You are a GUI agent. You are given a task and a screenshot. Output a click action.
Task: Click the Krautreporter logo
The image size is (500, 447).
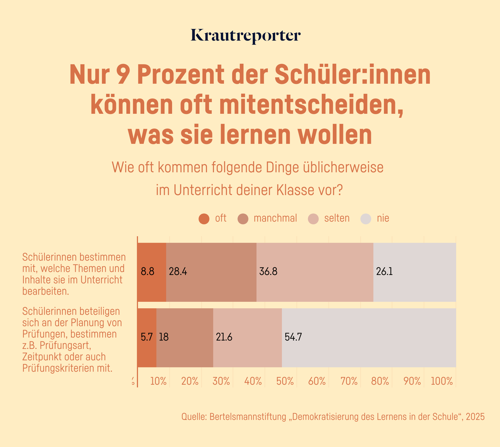[x=246, y=36]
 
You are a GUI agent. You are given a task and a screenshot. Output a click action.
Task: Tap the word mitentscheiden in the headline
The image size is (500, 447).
[x=311, y=105]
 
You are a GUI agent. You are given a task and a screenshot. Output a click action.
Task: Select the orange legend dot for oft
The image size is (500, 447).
[x=204, y=219]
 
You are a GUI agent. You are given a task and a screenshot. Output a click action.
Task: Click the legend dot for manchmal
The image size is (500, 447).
[x=243, y=219]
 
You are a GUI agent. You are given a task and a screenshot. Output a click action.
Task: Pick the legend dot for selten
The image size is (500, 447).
[x=313, y=219]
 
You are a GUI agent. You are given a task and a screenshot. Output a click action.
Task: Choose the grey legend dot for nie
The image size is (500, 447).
[x=366, y=219]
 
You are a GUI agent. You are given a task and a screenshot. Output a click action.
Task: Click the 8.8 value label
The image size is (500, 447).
[x=147, y=271]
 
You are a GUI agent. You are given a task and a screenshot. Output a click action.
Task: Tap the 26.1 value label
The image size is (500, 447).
[x=384, y=271]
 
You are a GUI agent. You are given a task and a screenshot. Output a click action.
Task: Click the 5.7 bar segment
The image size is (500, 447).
[x=147, y=338]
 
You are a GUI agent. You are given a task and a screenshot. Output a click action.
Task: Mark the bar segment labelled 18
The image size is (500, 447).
[x=185, y=338]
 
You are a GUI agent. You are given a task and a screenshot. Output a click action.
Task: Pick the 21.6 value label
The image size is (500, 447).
[x=224, y=337]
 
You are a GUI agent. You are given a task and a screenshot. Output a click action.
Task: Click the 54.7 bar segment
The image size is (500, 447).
[x=369, y=338]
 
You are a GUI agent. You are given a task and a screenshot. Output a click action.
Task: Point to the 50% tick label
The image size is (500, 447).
[x=285, y=381]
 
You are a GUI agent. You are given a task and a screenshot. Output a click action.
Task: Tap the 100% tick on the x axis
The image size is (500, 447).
[x=442, y=381]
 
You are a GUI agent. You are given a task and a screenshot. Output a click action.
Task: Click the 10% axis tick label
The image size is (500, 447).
[x=158, y=381]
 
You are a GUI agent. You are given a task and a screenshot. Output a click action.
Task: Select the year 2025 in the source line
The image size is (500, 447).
[x=475, y=417]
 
